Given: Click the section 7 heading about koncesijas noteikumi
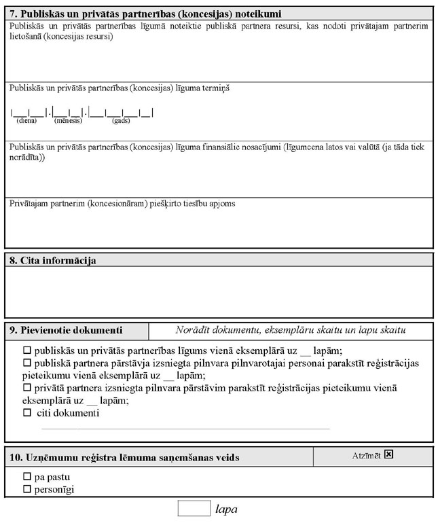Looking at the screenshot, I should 146,14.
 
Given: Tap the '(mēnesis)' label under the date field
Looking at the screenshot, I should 68,120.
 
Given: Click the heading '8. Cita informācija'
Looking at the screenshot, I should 53,260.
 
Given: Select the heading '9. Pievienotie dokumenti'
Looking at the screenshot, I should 66,331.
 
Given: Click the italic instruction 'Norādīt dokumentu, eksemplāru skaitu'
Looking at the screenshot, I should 290,331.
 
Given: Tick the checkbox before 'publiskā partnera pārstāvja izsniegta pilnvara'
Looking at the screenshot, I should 28,363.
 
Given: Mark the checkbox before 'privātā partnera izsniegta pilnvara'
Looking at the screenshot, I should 28,388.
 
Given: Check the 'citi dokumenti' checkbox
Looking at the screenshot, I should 28,412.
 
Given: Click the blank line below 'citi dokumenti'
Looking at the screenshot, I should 185,429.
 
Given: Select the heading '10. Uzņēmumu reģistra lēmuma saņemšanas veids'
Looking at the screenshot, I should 124,458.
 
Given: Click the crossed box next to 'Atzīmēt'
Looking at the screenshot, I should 389,454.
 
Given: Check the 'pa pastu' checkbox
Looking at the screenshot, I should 28,476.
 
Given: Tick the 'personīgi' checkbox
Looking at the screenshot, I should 28,488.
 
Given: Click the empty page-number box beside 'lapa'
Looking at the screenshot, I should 194,508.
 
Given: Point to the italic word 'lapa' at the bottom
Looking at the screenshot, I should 227,509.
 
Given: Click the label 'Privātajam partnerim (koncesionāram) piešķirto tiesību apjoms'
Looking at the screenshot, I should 122,204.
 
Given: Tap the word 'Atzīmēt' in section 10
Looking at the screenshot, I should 366,455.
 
